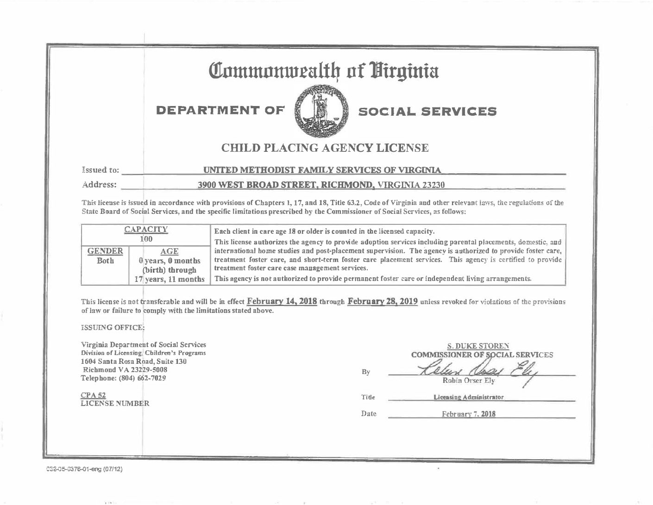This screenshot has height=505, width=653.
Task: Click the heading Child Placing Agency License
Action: coord(325,148)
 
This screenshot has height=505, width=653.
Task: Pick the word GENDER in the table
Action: coord(105,251)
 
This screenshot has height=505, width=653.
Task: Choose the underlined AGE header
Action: coord(169,251)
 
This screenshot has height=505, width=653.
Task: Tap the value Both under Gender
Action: coord(105,261)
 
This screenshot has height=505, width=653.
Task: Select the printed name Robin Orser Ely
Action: coord(469,381)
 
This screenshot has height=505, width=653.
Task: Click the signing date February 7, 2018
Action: coord(469,414)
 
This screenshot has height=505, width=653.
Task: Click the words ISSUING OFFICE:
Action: coord(113,328)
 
